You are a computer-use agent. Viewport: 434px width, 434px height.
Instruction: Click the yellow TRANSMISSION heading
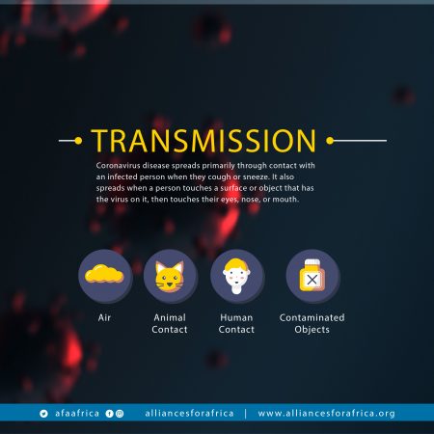click(x=203, y=141)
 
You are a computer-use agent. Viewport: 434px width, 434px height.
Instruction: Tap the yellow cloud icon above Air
click(x=104, y=274)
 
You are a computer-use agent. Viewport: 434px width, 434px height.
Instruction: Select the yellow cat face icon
click(x=170, y=277)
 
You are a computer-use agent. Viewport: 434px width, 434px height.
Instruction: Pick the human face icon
click(x=236, y=276)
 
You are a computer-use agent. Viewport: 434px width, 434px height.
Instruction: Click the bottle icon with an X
click(x=312, y=276)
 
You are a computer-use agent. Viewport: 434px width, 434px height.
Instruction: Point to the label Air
click(x=104, y=317)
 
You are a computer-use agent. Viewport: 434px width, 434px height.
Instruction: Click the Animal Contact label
click(x=170, y=323)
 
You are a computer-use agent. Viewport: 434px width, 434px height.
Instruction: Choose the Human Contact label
click(x=236, y=323)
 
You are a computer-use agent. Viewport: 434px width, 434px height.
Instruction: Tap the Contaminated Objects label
click(x=312, y=324)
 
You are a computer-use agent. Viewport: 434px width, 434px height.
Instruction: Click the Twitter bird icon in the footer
click(x=43, y=414)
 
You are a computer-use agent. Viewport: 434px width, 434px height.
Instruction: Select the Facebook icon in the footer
click(x=109, y=414)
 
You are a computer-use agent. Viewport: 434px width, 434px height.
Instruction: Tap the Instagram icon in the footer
click(x=120, y=414)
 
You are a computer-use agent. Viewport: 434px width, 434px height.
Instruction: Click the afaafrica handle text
click(x=77, y=413)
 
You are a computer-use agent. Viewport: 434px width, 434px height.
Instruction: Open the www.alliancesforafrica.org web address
click(x=326, y=414)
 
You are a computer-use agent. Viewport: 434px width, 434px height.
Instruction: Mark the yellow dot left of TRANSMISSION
click(x=78, y=141)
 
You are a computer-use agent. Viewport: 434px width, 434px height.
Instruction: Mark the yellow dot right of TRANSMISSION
click(x=330, y=141)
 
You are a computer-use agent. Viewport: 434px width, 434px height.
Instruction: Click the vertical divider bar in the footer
click(x=246, y=414)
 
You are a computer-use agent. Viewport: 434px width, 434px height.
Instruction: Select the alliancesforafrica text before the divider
click(x=189, y=413)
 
